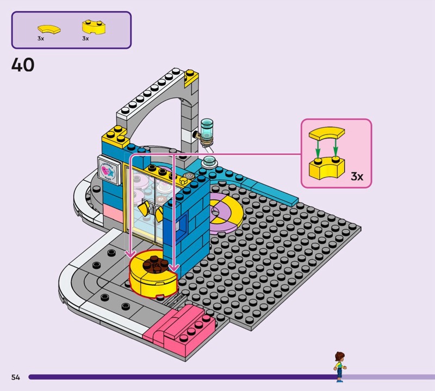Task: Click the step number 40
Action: click(23, 65)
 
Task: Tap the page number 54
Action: click(15, 377)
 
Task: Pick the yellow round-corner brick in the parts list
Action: click(91, 27)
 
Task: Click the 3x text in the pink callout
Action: click(357, 176)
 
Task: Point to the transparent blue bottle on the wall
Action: click(206, 131)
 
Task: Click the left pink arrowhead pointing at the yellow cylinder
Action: click(130, 254)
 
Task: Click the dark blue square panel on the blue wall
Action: click(183, 225)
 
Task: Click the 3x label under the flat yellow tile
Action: click(41, 39)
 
